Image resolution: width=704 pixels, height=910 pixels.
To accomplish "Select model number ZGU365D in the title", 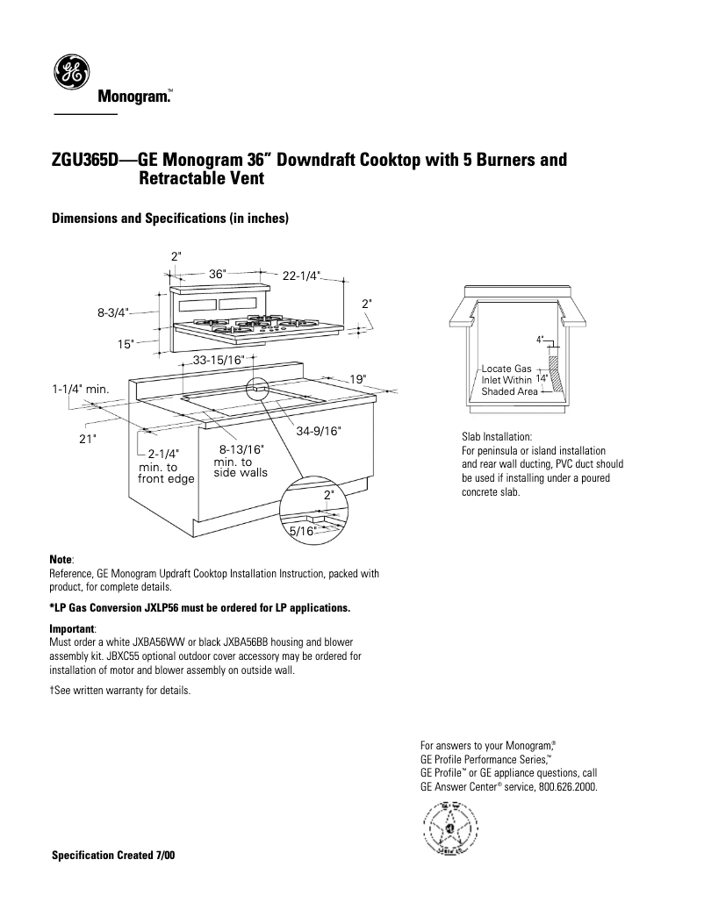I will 87,161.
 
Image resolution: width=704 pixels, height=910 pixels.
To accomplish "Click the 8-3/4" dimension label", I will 113,312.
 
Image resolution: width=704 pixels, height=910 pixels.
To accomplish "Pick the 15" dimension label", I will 126,344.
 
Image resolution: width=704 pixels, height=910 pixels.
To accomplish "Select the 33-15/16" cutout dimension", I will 219,361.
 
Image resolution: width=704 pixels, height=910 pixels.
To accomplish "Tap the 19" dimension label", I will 357,379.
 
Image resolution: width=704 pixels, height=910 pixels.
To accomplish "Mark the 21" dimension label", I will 86,439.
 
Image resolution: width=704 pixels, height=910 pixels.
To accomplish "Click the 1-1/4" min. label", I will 79,388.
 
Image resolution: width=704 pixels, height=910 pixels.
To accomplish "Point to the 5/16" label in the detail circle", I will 302,531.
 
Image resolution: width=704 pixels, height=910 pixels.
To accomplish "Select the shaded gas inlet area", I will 555,369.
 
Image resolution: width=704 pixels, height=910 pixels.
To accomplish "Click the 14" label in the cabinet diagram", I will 542,379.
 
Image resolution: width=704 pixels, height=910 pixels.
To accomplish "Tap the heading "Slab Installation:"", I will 496,437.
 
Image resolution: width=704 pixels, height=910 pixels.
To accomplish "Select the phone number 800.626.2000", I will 567,787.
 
